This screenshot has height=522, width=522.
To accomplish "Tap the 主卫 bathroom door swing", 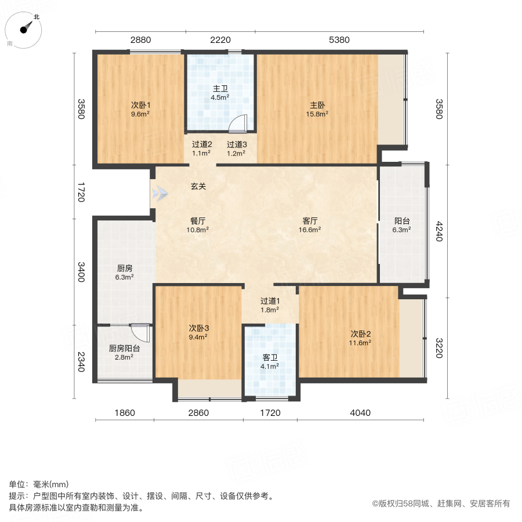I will pyautogui.click(x=238, y=124).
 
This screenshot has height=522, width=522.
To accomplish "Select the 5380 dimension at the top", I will pyautogui.click(x=339, y=40).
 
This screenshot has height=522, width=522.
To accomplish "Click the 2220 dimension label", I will pyautogui.click(x=220, y=40).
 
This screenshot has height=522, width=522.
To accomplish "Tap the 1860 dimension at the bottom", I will pyautogui.click(x=124, y=413).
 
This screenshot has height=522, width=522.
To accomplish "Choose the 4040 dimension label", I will pyautogui.click(x=360, y=413).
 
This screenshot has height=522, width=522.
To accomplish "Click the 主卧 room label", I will pyautogui.click(x=317, y=106).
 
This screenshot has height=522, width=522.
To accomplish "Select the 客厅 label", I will pyautogui.click(x=310, y=221).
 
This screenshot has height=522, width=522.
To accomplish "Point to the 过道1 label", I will pyautogui.click(x=270, y=301).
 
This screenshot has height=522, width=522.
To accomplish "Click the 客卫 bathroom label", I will pyautogui.click(x=270, y=357).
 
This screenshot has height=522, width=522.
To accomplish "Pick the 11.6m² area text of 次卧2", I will pyautogui.click(x=360, y=343).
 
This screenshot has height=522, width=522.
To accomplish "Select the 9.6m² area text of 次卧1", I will pyautogui.click(x=141, y=114).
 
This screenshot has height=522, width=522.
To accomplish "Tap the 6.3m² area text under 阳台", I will pyautogui.click(x=402, y=230).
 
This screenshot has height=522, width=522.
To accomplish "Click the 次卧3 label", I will pyautogui.click(x=198, y=328).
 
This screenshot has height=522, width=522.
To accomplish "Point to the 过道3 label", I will pyautogui.click(x=237, y=145).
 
